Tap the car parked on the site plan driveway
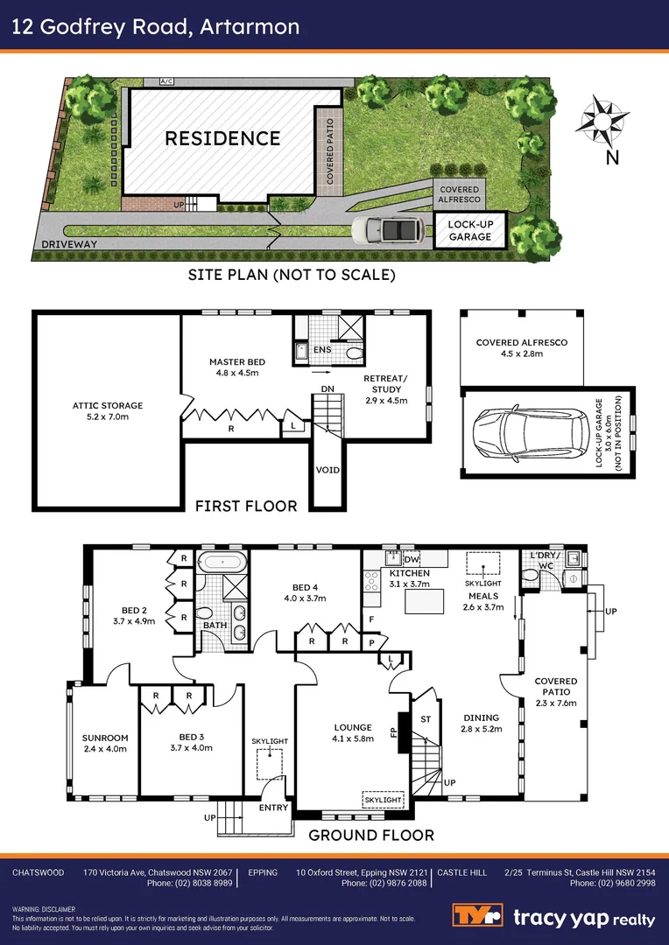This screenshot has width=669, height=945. point(389,232)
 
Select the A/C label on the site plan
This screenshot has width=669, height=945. point(166,81)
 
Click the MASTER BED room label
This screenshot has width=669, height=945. point(236,361)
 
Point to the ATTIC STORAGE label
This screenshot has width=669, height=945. point(108,405)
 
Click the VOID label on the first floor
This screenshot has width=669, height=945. point(327,470)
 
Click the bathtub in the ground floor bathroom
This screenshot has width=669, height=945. point(222,562)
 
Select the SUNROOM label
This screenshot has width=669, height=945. point(105,737)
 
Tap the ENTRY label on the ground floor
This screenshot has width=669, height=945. point(273,807)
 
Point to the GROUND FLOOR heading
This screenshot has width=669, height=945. point(371,835)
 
